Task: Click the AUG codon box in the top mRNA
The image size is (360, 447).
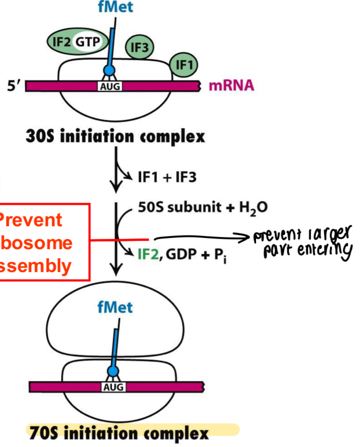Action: pyautogui.click(x=109, y=86)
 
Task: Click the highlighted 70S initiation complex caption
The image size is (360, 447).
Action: pyautogui.click(x=117, y=432)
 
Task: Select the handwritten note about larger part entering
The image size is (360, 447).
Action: pyautogui.click(x=301, y=244)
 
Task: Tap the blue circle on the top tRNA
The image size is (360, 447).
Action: pyautogui.click(x=109, y=71)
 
